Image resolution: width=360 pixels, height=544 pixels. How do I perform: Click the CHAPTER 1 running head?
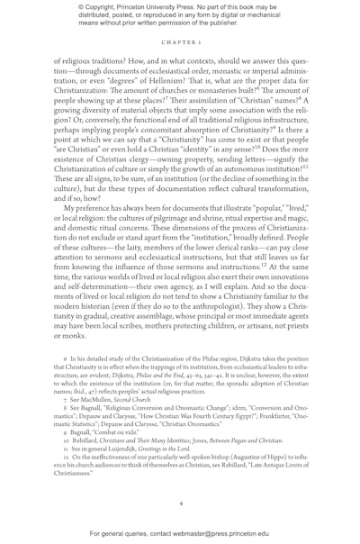click(180, 41)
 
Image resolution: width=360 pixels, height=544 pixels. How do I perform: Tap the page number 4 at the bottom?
click(180, 504)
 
